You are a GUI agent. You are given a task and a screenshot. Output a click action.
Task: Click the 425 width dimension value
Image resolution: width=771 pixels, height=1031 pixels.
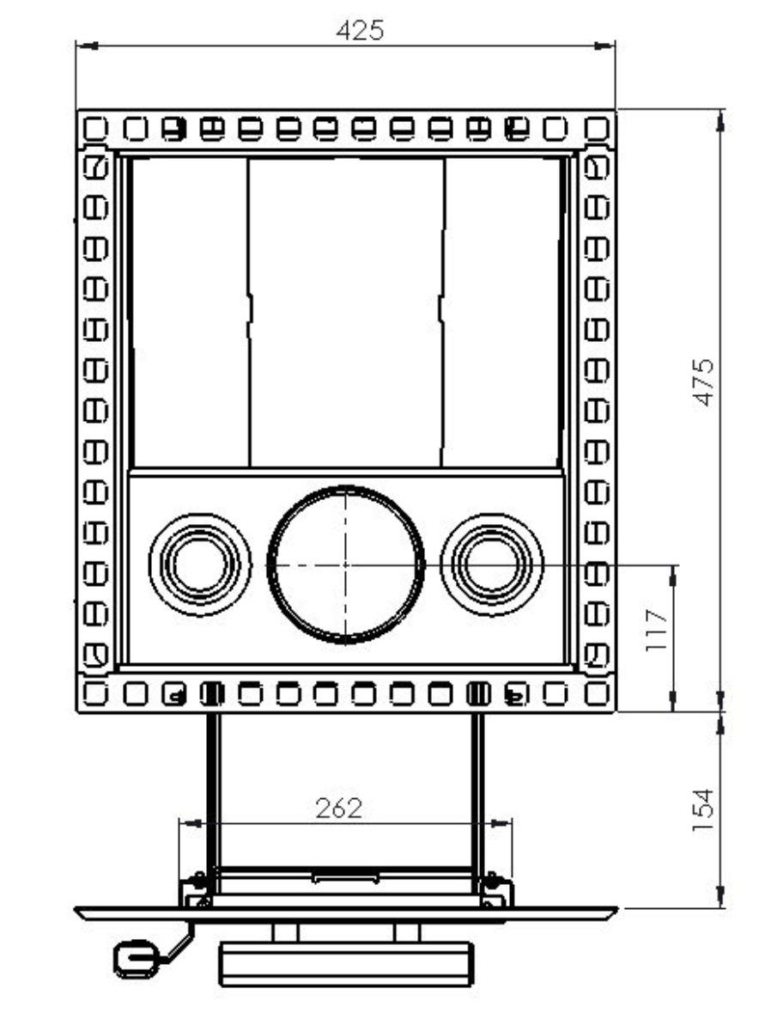360,31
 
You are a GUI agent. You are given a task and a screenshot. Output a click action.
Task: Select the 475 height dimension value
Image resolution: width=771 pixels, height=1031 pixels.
703,382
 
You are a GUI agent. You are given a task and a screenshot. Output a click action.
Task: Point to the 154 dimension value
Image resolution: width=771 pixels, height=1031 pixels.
703,809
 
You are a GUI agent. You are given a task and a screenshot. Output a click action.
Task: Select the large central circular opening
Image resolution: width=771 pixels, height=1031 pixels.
346,564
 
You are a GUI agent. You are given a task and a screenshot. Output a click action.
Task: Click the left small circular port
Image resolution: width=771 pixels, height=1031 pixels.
200,564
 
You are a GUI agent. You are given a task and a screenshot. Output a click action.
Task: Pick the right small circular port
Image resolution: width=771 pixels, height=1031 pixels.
492,564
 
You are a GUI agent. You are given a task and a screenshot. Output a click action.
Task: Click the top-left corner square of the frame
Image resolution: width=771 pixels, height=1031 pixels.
94,128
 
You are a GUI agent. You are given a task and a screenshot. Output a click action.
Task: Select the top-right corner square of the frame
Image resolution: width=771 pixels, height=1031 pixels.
597,128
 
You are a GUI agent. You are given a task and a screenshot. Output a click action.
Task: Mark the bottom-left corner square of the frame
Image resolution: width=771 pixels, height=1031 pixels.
94,692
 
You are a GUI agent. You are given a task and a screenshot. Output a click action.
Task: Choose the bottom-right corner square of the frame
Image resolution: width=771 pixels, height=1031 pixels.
597,692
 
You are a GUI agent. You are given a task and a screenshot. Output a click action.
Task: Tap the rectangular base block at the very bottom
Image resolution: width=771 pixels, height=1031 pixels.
345,962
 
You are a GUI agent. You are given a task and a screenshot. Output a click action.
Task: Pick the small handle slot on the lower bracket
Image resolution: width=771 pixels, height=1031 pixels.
345,877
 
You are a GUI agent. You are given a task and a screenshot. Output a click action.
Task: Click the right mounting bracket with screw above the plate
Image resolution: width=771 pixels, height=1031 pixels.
496,890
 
